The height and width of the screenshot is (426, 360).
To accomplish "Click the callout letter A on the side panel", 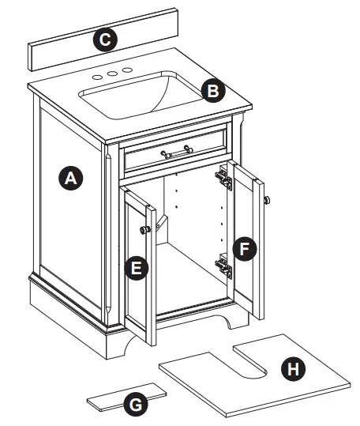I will (x=71, y=179).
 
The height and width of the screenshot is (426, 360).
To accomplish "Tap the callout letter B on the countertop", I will (x=211, y=90).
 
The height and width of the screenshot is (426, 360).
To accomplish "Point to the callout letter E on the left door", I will (x=137, y=268).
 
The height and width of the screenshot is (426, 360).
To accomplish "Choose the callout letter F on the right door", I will (x=246, y=249).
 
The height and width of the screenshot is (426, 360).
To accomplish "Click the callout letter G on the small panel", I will (x=136, y=404).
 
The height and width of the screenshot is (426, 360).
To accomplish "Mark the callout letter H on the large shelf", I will (x=293, y=368).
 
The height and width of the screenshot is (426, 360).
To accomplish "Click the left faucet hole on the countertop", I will (x=98, y=77).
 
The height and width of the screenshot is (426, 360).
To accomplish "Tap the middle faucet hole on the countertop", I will (x=112, y=74).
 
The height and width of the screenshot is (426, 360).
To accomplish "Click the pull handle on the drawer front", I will (x=176, y=151).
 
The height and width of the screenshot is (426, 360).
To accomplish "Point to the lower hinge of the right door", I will (x=225, y=266).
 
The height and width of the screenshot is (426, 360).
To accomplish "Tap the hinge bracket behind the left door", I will (x=161, y=225).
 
